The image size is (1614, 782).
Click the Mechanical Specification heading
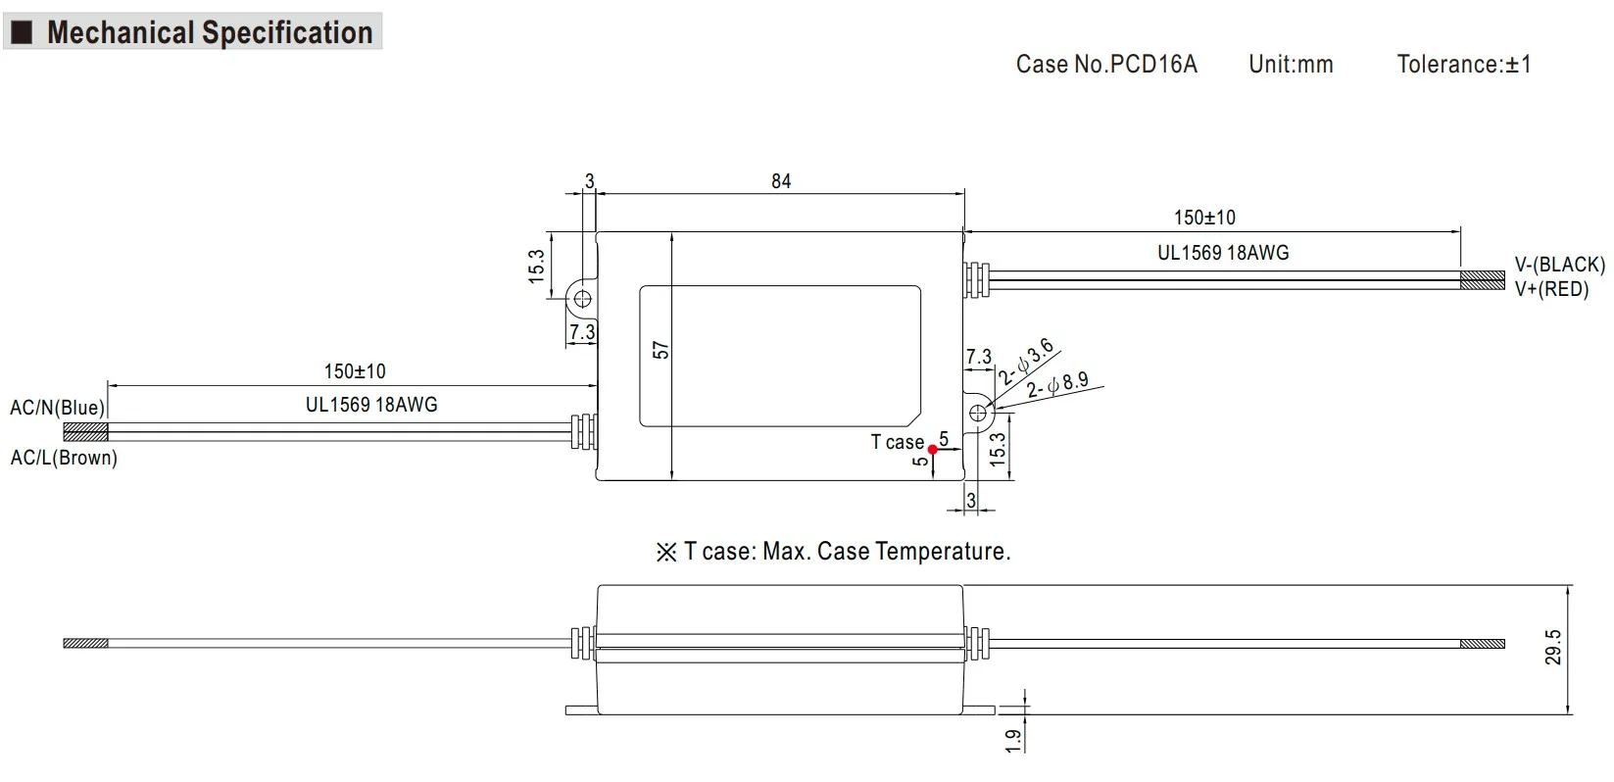(x=209, y=32)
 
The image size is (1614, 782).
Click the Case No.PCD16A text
(x=1106, y=65)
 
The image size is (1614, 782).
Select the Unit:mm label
(x=1291, y=65)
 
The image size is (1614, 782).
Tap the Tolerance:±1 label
(x=1463, y=65)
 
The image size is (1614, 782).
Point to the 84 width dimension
(x=781, y=181)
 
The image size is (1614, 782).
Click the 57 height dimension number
(x=661, y=350)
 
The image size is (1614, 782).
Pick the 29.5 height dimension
(x=1553, y=647)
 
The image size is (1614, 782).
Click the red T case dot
(x=933, y=450)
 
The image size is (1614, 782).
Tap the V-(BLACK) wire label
(x=1559, y=265)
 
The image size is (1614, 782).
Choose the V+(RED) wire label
(x=1550, y=289)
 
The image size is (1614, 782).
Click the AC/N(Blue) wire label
(x=57, y=408)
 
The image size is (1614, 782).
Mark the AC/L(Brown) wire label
(x=64, y=458)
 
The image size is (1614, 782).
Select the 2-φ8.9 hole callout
(x=1057, y=384)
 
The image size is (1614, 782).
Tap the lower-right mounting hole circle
(x=978, y=413)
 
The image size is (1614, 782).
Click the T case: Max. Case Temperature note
(x=833, y=552)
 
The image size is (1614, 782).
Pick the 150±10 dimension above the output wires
(x=1204, y=218)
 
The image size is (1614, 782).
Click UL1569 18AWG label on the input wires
(x=371, y=405)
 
